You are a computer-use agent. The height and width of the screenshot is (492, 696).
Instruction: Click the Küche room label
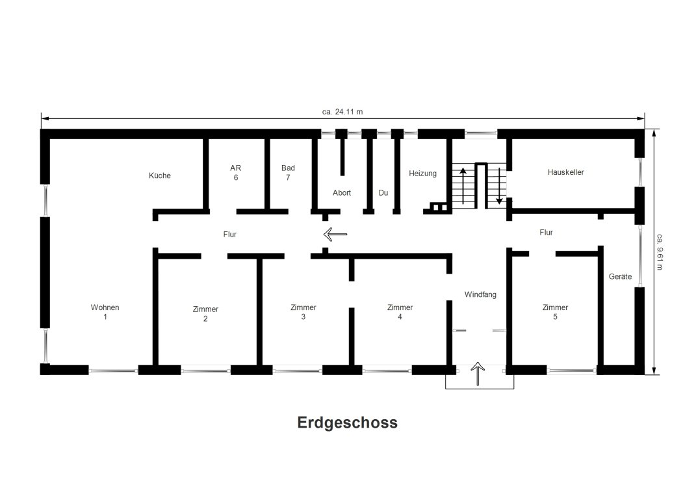pyautogui.click(x=160, y=175)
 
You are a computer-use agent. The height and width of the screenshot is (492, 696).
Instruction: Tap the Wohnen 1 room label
pyautogui.click(x=105, y=312)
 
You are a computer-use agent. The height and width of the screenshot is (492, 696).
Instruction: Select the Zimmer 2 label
pyautogui.click(x=205, y=313)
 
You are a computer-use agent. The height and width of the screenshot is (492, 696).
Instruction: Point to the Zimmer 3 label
pyautogui.click(x=303, y=312)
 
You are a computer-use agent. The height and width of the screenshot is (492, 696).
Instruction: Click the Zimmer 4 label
pyautogui.click(x=400, y=312)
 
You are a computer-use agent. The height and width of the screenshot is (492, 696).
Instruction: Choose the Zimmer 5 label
pyautogui.click(x=555, y=312)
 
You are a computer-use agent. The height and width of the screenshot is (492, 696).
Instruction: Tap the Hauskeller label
pyautogui.click(x=566, y=172)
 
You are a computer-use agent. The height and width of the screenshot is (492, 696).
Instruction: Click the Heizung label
pyautogui.click(x=422, y=174)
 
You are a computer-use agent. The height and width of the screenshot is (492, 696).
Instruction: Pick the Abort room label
pyautogui.click(x=342, y=193)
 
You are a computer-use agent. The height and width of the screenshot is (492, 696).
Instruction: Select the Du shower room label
pyautogui.click(x=383, y=193)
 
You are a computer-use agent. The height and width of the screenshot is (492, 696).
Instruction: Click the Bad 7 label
pyautogui.click(x=288, y=173)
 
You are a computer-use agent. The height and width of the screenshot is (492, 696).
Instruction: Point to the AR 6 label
pyautogui.click(x=236, y=173)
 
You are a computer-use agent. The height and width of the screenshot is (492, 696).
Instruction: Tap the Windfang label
pyautogui.click(x=480, y=294)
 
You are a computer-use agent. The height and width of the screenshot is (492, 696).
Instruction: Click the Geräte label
pyautogui.click(x=620, y=276)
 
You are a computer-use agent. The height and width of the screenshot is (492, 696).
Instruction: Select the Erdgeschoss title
pyautogui.click(x=348, y=422)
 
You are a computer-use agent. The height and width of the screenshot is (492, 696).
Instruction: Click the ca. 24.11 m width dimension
pyautogui.click(x=342, y=112)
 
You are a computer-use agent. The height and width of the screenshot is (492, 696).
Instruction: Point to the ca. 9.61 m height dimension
pyautogui.click(x=660, y=252)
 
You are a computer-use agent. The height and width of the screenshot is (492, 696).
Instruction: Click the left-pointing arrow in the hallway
pyautogui.click(x=335, y=234)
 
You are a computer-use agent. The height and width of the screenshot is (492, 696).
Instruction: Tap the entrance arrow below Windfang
pyautogui.click(x=478, y=374)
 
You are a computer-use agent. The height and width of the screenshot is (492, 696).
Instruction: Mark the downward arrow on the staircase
pyautogui.click(x=499, y=186)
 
